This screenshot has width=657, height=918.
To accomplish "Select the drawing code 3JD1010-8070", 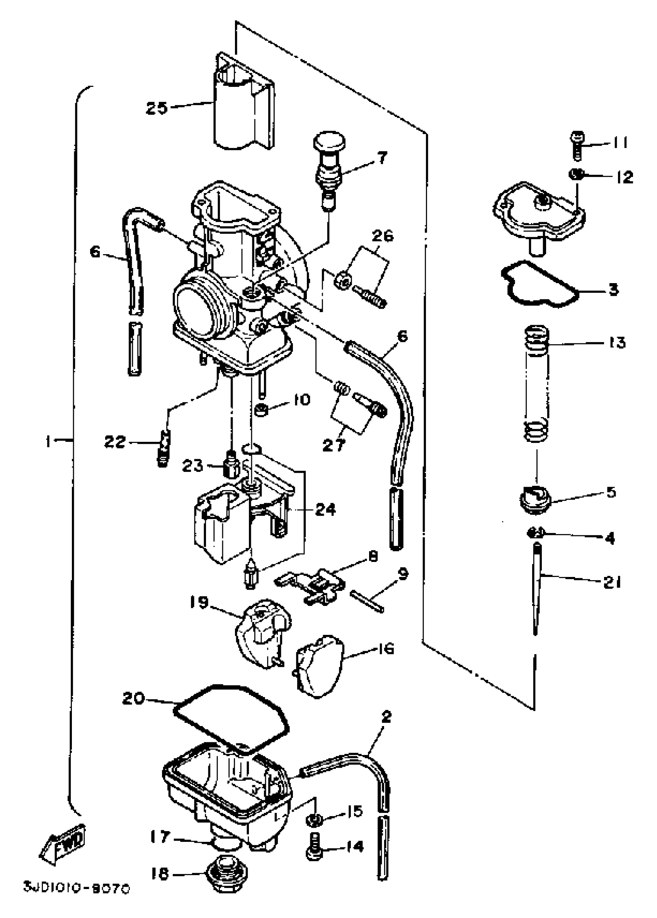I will pos(76,889).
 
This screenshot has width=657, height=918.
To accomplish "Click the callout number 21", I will pos(611,582).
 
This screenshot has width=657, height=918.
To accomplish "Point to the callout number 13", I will pos(616,343).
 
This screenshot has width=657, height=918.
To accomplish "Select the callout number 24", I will pos(325,510).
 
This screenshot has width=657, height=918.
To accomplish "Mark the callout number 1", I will pos(49,441).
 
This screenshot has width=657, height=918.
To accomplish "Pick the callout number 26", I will pos(382,236).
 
